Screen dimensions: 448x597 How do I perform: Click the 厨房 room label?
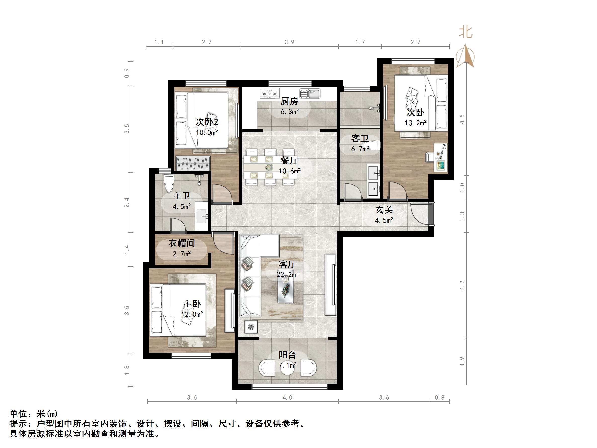289,101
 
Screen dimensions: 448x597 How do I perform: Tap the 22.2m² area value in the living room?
287,275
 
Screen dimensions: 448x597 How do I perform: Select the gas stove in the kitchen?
269,93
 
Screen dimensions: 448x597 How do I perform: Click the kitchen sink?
310,93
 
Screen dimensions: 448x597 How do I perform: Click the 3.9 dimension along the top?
290,42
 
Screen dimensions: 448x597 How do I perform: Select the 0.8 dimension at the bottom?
440,397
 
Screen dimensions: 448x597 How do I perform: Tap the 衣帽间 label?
182,243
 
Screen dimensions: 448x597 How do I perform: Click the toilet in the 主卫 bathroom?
169,183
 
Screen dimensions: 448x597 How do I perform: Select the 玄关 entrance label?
384,210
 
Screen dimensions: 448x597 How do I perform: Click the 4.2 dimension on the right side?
462,285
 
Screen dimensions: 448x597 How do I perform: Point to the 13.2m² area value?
416,123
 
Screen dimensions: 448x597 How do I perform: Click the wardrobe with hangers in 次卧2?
193,163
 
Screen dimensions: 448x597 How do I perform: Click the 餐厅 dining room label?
289,161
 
